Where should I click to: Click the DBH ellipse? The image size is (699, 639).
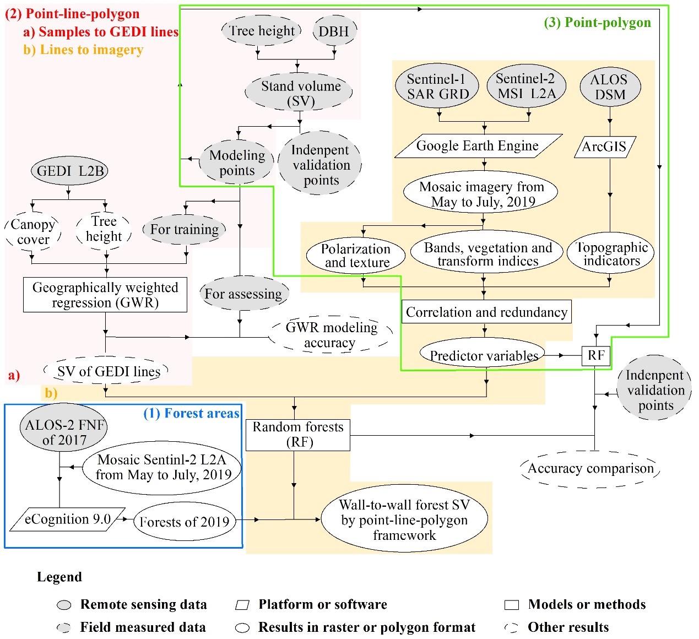(x=334, y=31)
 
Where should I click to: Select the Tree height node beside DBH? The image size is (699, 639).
(x=262, y=31)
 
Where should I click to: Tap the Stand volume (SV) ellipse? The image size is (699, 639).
(x=300, y=93)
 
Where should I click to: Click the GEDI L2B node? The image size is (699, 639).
(x=69, y=171)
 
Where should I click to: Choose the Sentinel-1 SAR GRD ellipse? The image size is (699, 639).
(x=437, y=86)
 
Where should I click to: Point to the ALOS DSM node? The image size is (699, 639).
(x=610, y=87)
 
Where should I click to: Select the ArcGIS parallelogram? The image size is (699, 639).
(x=605, y=147)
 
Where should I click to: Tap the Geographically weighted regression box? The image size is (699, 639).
(x=105, y=295)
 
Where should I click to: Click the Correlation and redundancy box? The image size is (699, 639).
(x=486, y=312)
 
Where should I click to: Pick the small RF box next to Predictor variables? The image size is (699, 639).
(x=596, y=356)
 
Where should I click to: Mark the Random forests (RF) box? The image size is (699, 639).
(x=297, y=435)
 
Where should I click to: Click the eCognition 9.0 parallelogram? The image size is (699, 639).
(x=68, y=519)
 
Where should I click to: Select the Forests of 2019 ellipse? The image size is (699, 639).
(x=184, y=522)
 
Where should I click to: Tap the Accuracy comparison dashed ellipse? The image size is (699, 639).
(x=590, y=469)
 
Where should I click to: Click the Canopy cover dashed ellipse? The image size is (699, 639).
(x=33, y=232)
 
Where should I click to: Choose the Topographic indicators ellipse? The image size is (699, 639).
(x=611, y=253)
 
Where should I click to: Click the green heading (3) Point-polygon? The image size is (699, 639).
(x=597, y=23)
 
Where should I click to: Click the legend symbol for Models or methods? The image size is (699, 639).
(x=512, y=605)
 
